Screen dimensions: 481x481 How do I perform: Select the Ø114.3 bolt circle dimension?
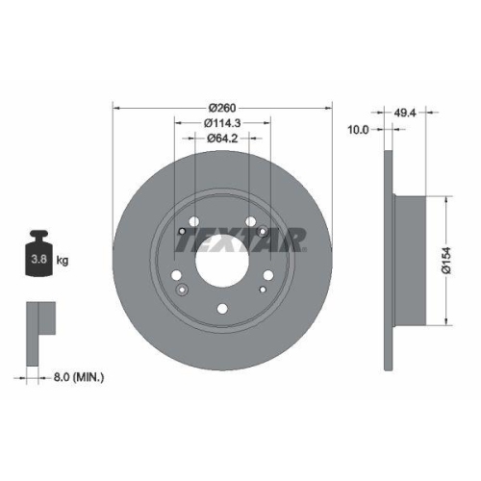[222, 122]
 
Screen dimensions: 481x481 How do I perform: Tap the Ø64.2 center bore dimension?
[222, 139]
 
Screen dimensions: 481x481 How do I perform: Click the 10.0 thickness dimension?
[358, 129]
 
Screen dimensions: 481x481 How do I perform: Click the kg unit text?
[62, 261]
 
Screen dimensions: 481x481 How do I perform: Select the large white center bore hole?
[222, 261]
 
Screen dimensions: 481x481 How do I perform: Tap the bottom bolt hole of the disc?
[222, 309]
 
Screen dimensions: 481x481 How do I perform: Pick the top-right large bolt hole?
[250, 221]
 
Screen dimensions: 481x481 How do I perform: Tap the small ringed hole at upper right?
[262, 231]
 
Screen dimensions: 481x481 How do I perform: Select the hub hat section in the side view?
[406, 260]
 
